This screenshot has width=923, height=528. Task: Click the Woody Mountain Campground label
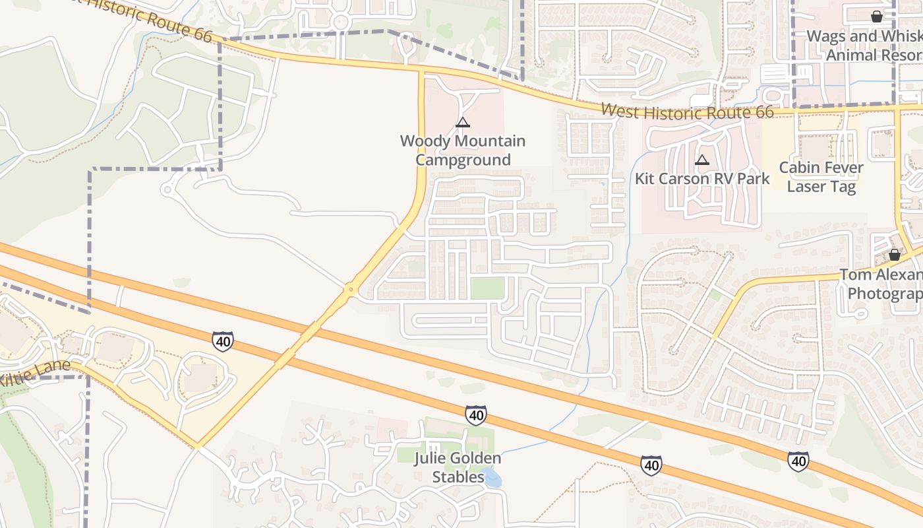[462, 150]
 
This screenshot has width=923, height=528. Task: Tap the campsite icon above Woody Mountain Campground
[463, 122]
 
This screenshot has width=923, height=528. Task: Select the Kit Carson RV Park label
[702, 179]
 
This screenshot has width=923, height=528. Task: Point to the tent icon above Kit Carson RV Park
[702, 160]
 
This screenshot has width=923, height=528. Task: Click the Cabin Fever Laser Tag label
[821, 177]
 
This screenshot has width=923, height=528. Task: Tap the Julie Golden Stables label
[458, 467]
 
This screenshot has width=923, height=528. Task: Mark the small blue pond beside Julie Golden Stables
[492, 477]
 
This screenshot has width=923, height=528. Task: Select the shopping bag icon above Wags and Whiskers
[876, 16]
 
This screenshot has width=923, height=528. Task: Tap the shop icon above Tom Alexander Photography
[894, 254]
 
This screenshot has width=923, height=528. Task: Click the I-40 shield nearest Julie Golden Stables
[475, 414]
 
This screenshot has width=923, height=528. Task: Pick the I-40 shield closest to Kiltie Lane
[223, 341]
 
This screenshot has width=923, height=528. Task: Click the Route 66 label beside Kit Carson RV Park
[688, 112]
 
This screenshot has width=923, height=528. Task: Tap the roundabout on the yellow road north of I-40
[351, 288]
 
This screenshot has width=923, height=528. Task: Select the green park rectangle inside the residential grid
[487, 288]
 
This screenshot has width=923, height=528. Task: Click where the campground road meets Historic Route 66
[421, 69]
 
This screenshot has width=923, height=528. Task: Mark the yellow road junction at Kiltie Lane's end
[197, 446]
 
